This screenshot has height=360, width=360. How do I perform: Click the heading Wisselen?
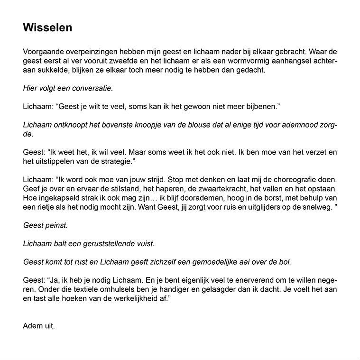click(47, 28)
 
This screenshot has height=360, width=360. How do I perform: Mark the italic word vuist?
click(145, 244)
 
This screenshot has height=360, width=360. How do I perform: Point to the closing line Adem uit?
click(39, 326)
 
